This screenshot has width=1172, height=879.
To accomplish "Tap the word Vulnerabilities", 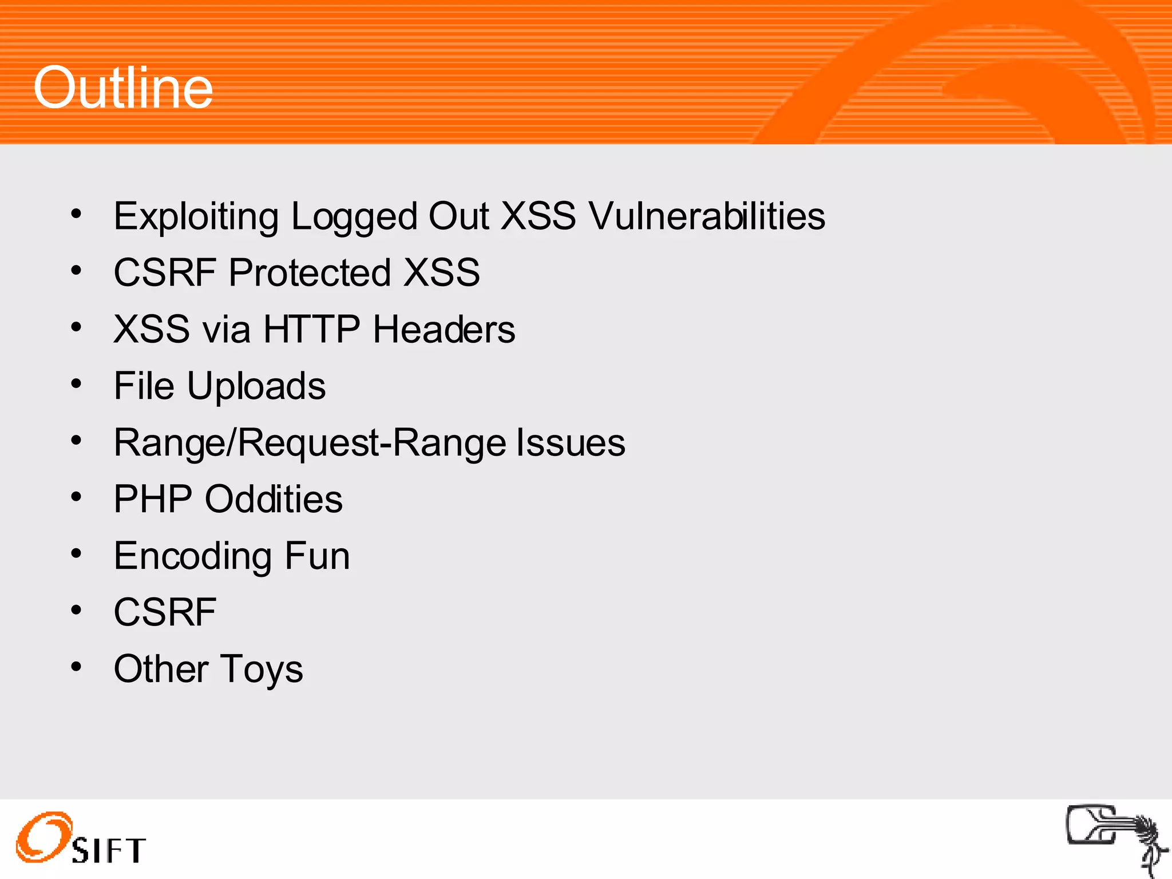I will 707,216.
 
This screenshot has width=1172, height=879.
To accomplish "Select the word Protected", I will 309,272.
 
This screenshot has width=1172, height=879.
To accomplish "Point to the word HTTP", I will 311,329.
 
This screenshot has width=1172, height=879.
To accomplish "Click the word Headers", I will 444,329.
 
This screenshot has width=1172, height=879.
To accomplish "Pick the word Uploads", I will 256,386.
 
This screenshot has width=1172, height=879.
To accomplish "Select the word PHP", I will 152,499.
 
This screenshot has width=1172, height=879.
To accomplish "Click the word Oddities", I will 274,499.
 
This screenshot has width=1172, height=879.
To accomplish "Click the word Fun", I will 317,556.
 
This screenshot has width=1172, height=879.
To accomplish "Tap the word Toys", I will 262,669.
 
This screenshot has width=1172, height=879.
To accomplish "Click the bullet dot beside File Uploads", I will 76,383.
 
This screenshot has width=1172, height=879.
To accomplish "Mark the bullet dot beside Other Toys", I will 76,666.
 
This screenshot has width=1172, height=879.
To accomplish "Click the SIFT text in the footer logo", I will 109,850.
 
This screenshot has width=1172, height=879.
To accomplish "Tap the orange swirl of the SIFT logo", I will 43,836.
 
